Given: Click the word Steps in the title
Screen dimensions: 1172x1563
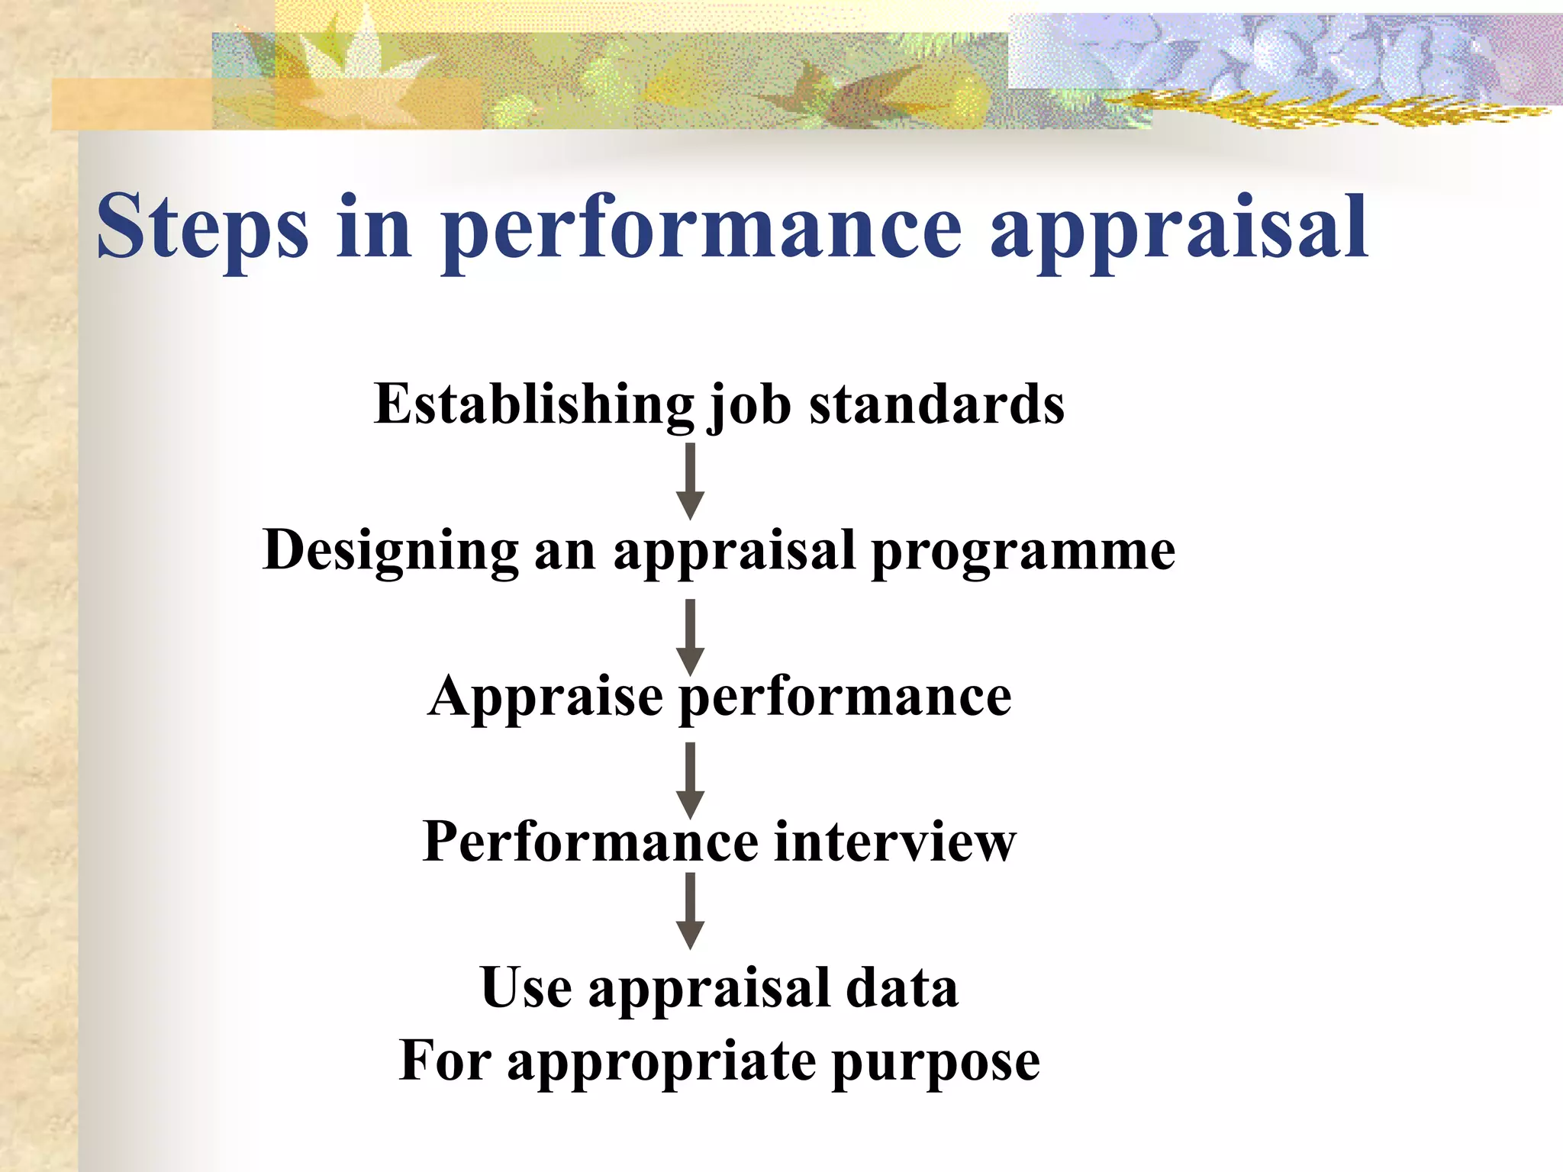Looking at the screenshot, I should (x=202, y=227).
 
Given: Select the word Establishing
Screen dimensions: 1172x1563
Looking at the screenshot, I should (x=534, y=404).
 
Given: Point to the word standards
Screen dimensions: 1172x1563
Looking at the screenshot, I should (x=936, y=404).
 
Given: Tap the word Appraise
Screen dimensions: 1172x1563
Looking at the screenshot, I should (x=546, y=697).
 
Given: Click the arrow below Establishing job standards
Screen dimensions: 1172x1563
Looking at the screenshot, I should (x=690, y=481).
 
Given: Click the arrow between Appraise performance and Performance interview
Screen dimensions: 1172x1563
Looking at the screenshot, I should (x=690, y=780).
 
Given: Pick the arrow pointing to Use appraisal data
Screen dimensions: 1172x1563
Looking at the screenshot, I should (x=690, y=910).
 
